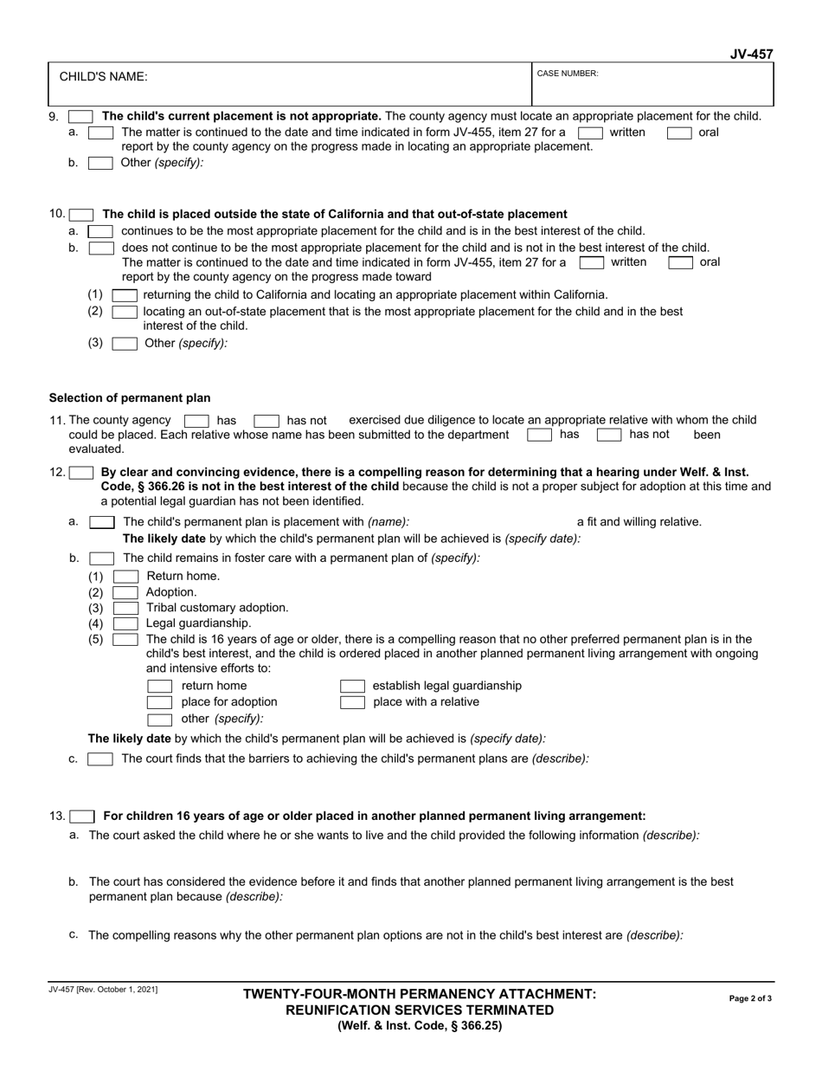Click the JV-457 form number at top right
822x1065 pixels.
pos(750,55)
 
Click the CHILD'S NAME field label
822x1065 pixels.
pos(103,76)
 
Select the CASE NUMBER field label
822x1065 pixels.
pos(568,74)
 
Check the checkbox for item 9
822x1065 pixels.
pos(80,116)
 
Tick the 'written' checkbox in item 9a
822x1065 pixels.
pos(590,132)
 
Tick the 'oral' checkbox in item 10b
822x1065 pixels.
pos(679,261)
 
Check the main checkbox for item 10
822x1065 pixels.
pos(81,215)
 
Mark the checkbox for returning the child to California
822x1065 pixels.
pos(125,295)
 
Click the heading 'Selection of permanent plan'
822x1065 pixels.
pos(130,398)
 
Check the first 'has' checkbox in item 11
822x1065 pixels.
pos(196,421)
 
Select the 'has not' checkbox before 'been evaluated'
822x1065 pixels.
pos(609,435)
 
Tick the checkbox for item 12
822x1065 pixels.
pos(81,473)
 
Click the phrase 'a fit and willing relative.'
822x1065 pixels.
pos(639,521)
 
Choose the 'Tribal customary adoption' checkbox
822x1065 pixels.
pos(125,608)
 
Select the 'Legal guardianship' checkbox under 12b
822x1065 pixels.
pos(125,623)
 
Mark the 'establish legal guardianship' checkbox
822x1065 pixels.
pos(352,686)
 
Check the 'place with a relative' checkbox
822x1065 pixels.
pos(352,702)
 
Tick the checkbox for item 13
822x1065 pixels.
pos(82,816)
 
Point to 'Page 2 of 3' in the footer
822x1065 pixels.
pos(750,998)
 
